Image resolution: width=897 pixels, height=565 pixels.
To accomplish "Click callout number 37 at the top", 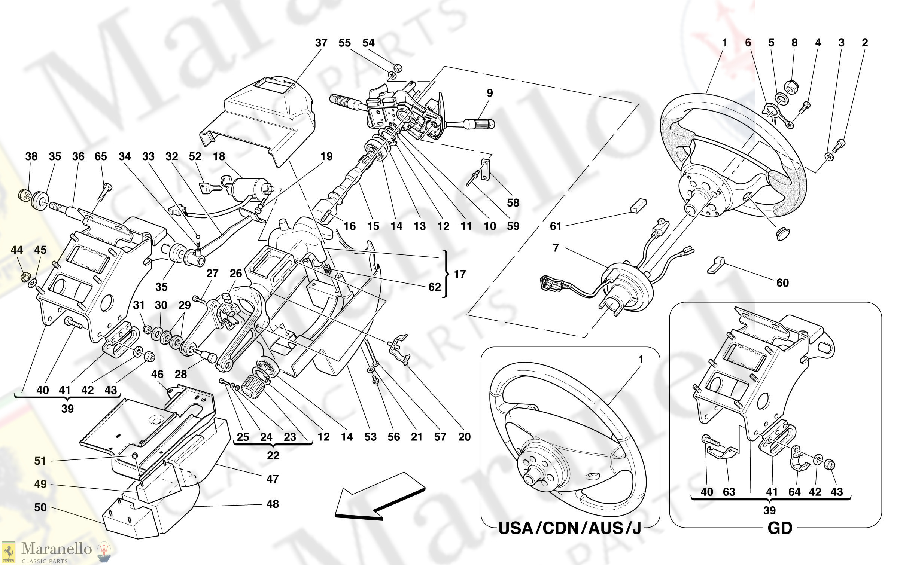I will (321, 43).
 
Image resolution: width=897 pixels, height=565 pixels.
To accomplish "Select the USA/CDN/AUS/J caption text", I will (569, 528).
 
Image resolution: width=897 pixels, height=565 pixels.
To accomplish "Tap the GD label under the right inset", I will (780, 528).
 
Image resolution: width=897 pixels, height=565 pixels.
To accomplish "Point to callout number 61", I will (556, 226).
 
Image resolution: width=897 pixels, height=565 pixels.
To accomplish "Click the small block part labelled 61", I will (638, 205).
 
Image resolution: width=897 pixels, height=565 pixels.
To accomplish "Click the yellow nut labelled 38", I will (24, 194).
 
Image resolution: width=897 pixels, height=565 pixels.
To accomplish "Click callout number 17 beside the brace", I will (460, 274).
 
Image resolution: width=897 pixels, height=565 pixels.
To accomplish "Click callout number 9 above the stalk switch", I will (490, 93).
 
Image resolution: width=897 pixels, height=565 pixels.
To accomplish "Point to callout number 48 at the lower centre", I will (273, 504).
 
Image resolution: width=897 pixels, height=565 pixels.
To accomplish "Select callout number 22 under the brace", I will (273, 455).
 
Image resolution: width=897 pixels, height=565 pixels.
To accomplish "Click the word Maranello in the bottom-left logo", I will (57, 549).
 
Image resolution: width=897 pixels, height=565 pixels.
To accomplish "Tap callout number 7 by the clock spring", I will (556, 248).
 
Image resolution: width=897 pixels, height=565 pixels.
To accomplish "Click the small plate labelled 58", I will (485, 169).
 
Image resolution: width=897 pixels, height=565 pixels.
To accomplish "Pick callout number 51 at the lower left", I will (40, 461).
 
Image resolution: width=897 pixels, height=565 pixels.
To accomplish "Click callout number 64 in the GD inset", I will (794, 492).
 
